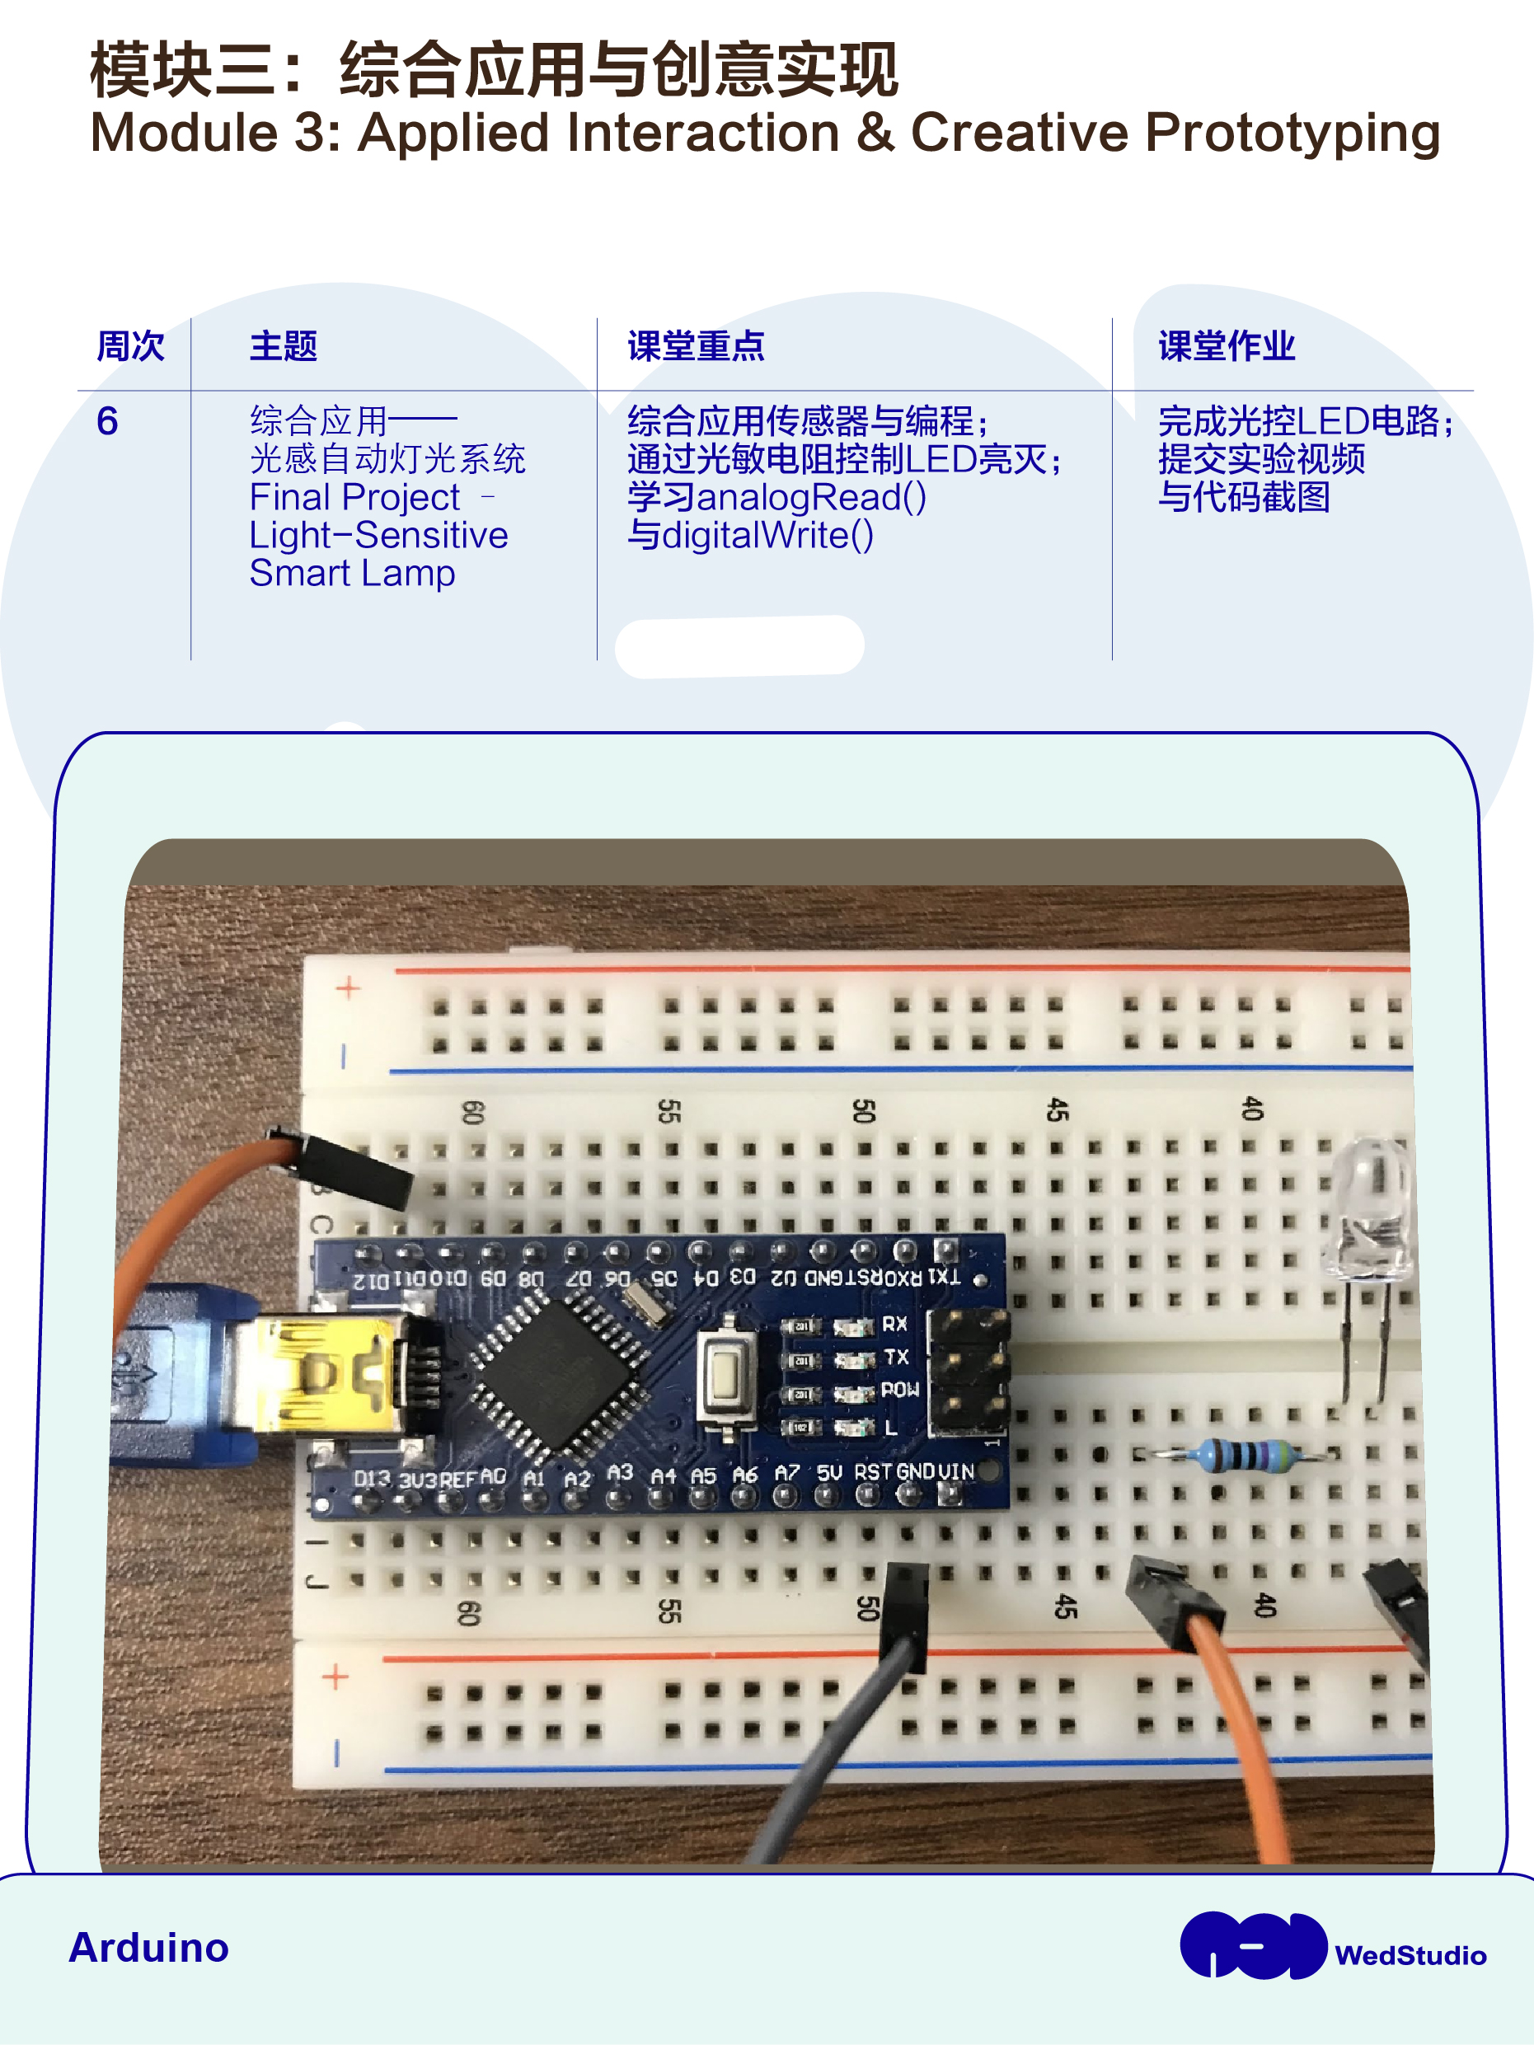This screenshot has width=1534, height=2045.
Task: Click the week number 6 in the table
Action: click(107, 421)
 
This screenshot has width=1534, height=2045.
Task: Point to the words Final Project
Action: click(354, 497)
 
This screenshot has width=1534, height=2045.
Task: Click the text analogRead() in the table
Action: click(811, 497)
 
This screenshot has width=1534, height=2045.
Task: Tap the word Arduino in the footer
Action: click(149, 1947)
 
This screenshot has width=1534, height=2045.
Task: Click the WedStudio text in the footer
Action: click(1410, 1955)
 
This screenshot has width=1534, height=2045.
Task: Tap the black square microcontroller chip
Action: click(559, 1369)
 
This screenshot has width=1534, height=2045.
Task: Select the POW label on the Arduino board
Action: click(899, 1390)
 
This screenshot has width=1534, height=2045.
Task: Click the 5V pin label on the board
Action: click(829, 1470)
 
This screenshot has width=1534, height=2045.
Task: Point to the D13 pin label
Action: click(372, 1478)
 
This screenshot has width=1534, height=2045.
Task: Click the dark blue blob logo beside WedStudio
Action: click(1253, 1945)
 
